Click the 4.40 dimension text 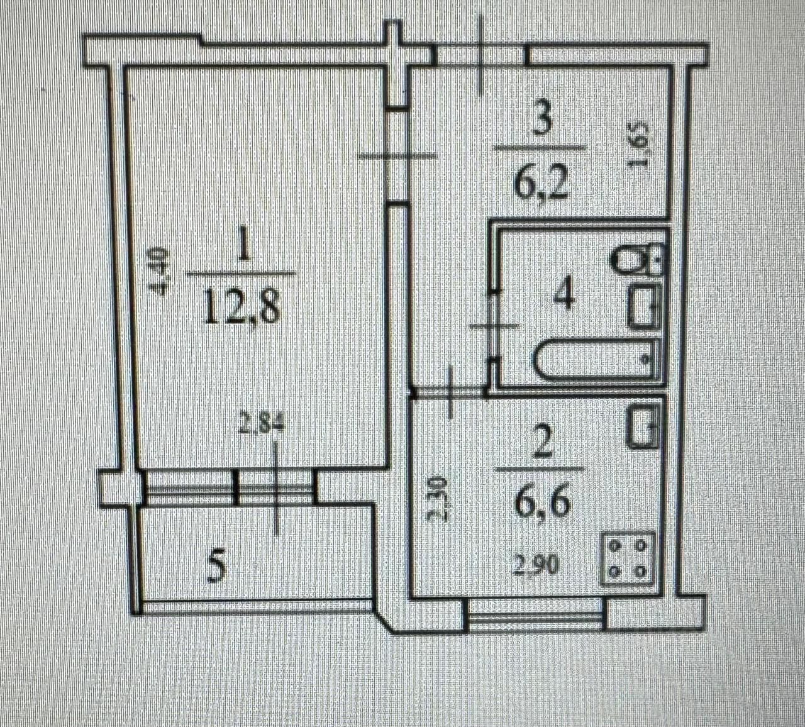(159, 271)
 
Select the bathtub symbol (596, 360)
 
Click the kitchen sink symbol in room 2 (644, 427)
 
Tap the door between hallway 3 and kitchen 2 (450, 392)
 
